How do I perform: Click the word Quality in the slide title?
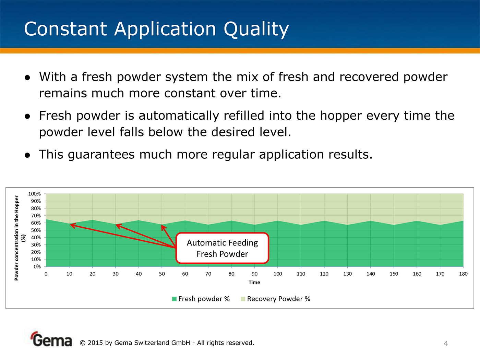(256, 29)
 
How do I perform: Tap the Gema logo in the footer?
(51, 339)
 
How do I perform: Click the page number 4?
(446, 344)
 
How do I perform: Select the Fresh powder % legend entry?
(201, 299)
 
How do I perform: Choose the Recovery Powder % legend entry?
(275, 299)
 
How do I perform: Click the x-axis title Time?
(254, 283)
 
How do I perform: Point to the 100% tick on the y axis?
(34, 194)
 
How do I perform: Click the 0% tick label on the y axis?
(37, 266)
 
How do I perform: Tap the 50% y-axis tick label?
(36, 230)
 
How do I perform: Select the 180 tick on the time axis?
(463, 274)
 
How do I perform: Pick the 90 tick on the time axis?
(254, 274)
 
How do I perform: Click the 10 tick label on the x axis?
(69, 274)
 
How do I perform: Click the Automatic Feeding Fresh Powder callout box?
(222, 248)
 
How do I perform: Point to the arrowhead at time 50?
(163, 227)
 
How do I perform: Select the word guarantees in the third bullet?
(101, 155)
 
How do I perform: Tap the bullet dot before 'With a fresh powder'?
(27, 77)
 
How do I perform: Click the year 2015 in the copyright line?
(95, 343)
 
